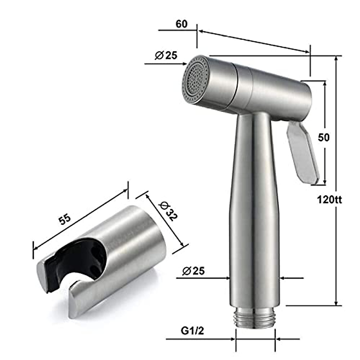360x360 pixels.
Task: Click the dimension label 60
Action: [x=181, y=24]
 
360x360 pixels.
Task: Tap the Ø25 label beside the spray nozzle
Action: [x=166, y=55]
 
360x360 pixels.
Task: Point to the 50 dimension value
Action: [x=324, y=137]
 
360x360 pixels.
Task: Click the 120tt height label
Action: [x=329, y=199]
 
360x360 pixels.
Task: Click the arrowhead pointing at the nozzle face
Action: [x=185, y=64]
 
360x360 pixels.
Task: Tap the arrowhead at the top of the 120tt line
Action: [x=336, y=58]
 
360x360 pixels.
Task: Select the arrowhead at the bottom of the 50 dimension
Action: [x=325, y=182]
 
